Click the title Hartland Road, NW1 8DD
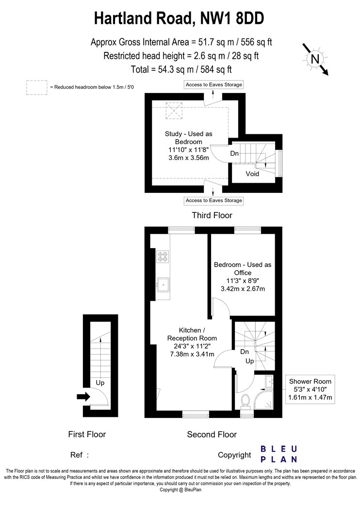point(179,18)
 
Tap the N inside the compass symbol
point(315,59)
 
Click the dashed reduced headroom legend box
point(37,88)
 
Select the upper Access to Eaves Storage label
point(214,85)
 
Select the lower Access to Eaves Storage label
point(214,201)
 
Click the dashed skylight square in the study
point(175,111)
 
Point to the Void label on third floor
point(252,174)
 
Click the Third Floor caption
point(212,215)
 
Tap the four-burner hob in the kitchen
point(163,257)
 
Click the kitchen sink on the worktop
point(163,285)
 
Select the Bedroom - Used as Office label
point(243,269)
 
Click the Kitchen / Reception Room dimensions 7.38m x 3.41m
point(192,354)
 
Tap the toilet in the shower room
point(245,400)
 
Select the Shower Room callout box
point(310,390)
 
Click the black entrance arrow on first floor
point(83,397)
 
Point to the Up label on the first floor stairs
point(100,383)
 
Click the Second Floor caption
point(212,434)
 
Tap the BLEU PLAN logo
point(279,454)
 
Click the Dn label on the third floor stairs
point(235,153)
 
